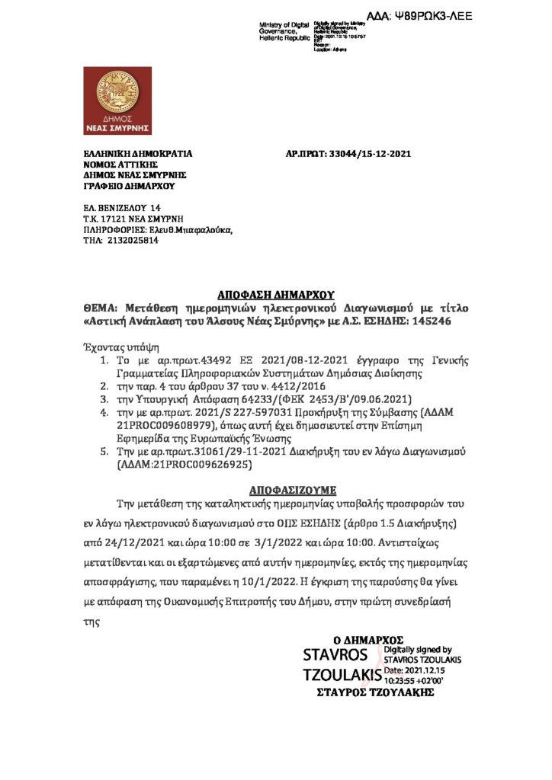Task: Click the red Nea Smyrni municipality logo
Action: (118, 101)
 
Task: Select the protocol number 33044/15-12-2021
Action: (369, 154)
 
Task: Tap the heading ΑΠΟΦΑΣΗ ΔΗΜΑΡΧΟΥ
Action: (276, 295)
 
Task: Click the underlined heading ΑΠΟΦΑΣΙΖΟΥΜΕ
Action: (293, 487)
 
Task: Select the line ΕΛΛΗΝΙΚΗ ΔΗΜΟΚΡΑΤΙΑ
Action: (137, 154)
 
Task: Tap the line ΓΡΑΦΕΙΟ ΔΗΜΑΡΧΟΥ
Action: (129, 186)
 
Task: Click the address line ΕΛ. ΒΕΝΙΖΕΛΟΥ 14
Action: (122, 208)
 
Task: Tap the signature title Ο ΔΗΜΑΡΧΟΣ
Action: (368, 640)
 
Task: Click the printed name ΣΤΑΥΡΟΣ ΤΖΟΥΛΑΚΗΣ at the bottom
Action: (375, 692)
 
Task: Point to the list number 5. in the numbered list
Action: (105, 451)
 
